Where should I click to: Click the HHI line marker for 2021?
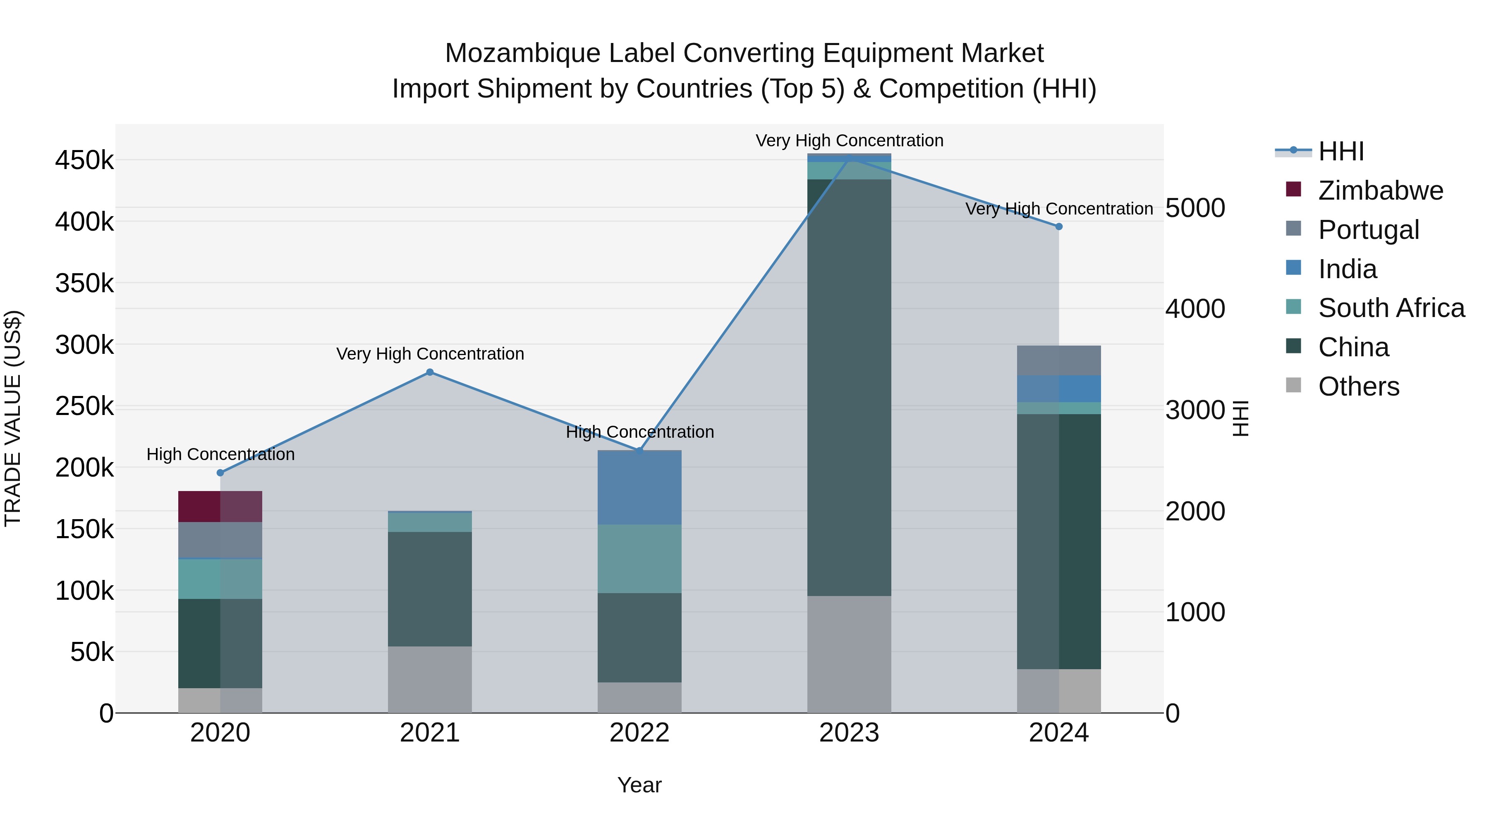[x=429, y=372]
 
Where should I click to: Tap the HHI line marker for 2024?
[x=1058, y=227]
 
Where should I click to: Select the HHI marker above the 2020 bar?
[x=220, y=472]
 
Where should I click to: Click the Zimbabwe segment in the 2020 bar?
[x=220, y=507]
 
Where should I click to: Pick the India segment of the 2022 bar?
[x=639, y=488]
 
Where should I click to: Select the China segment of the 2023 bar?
[x=849, y=387]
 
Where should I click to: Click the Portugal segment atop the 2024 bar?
[x=1058, y=360]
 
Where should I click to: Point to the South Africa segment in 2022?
[x=639, y=558]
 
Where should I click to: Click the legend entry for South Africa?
[x=1391, y=308]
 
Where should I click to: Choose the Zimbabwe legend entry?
[x=1380, y=191]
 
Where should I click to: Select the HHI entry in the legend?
[x=1341, y=151]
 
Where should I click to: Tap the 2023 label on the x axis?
[x=849, y=733]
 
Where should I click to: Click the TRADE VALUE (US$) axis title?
[x=13, y=418]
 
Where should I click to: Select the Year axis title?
[x=639, y=785]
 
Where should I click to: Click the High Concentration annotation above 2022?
[x=639, y=432]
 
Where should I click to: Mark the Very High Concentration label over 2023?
[x=849, y=141]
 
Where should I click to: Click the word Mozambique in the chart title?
[x=522, y=53]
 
